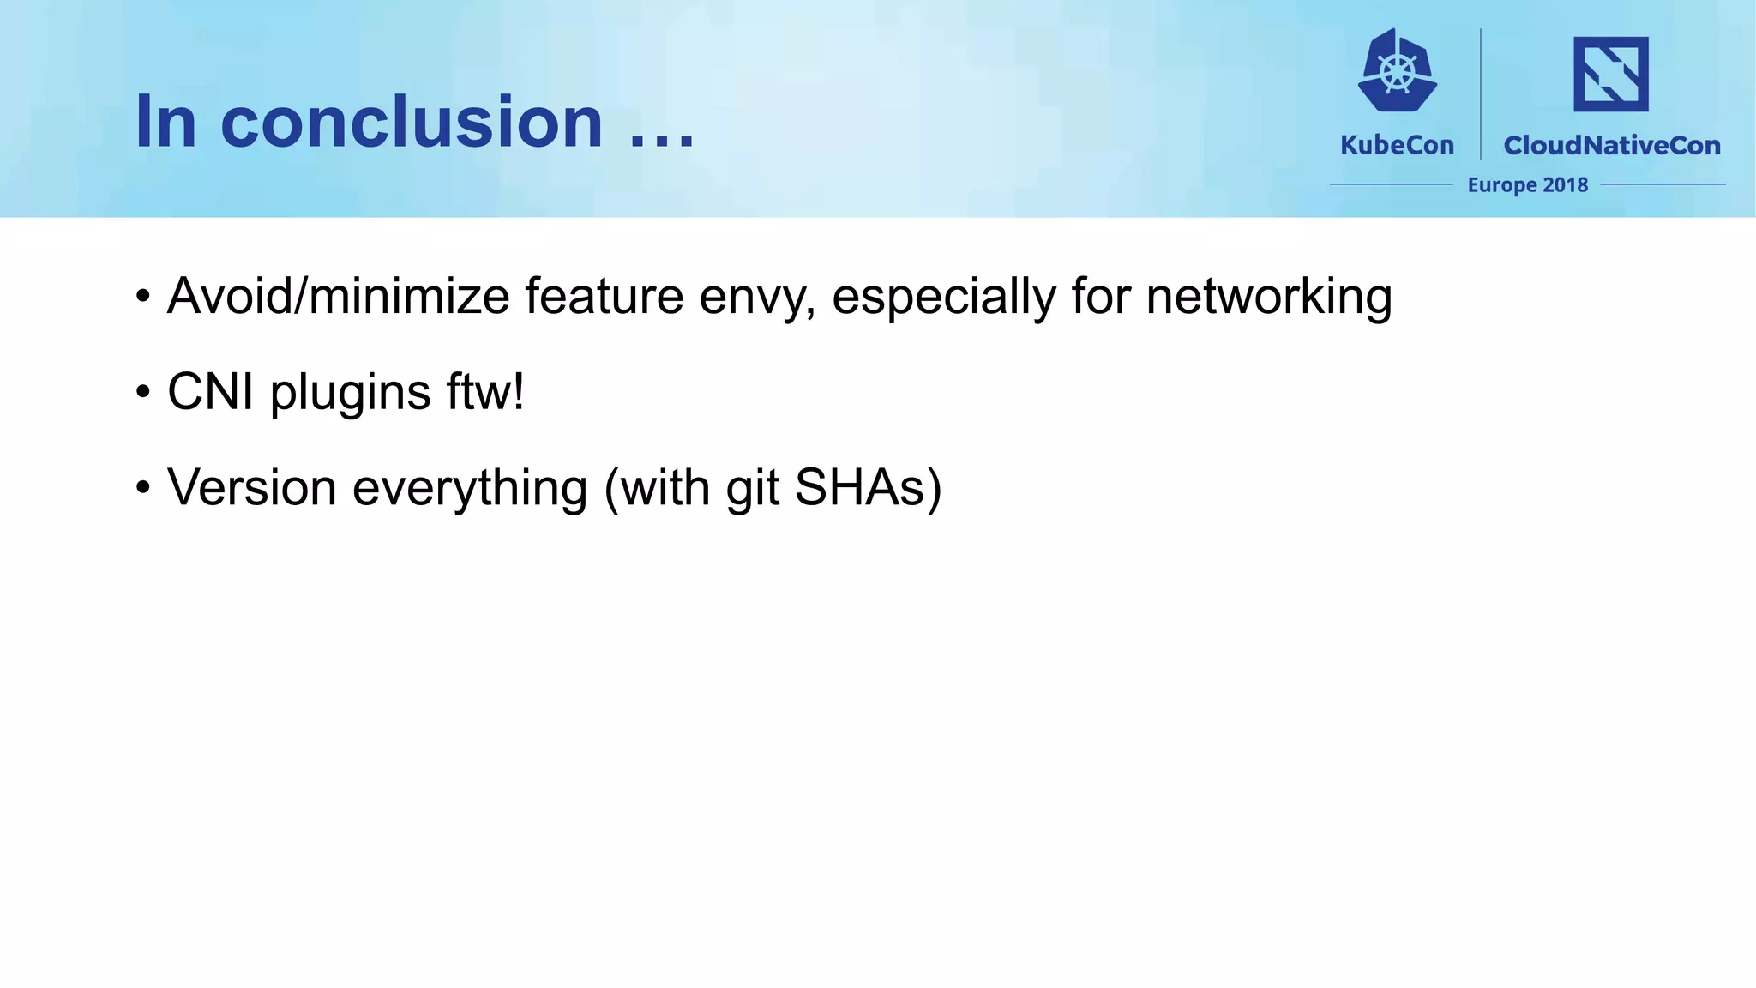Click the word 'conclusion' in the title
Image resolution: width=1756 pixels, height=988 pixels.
(412, 122)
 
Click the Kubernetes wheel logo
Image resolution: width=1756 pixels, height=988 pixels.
(1398, 72)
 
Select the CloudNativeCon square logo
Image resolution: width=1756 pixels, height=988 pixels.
(1610, 74)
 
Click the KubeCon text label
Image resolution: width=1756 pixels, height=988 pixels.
(1397, 145)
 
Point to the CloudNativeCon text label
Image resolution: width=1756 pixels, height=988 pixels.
(1612, 145)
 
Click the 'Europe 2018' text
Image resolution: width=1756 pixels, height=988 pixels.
(1527, 184)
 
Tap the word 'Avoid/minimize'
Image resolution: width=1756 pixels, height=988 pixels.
(339, 297)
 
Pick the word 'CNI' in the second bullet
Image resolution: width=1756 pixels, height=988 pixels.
(210, 392)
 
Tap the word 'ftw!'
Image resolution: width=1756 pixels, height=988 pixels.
(484, 392)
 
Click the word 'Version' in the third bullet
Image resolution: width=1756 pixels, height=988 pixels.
(251, 488)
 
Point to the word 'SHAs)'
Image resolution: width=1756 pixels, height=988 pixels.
(868, 488)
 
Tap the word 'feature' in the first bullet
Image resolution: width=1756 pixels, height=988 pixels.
(604, 297)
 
